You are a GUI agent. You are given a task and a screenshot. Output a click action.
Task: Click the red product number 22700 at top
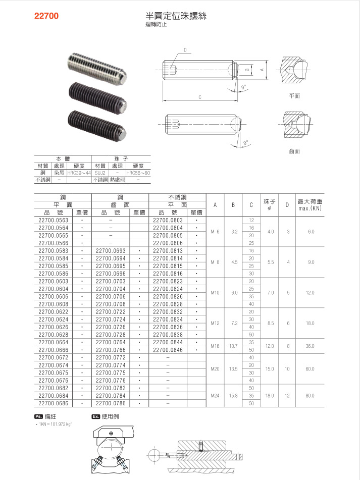(46, 16)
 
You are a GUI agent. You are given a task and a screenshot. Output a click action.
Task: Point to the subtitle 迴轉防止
(156, 24)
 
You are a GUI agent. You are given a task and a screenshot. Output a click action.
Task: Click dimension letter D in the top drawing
(185, 50)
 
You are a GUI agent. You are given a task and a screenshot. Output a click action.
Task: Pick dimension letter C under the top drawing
(200, 96)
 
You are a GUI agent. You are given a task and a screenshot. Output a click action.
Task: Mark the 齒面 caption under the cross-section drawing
(295, 151)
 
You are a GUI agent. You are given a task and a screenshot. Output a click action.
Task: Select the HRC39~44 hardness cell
(79, 173)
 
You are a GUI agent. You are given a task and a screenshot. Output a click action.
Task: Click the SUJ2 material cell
(99, 173)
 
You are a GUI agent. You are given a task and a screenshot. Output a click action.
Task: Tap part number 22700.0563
(53, 220)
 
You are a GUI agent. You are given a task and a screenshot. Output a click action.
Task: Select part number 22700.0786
(110, 404)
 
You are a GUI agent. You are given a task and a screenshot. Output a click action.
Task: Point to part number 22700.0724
(110, 319)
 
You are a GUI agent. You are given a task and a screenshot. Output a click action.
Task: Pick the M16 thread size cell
(216, 346)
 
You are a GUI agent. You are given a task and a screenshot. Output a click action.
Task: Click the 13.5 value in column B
(233, 369)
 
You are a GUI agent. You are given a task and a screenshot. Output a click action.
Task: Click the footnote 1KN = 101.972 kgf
(55, 424)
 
